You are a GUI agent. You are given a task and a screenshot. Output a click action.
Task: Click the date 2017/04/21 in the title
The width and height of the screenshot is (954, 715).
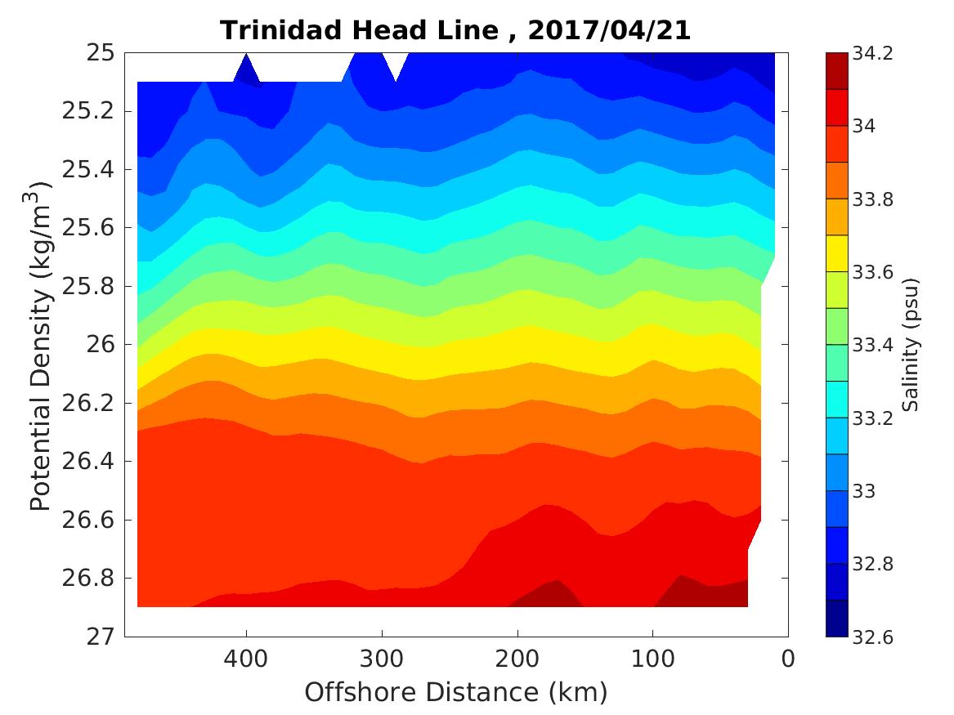point(609,31)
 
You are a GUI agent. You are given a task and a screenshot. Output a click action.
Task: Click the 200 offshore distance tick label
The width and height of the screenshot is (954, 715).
point(517,659)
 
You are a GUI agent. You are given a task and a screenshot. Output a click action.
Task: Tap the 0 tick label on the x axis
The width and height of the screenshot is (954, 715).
point(788,659)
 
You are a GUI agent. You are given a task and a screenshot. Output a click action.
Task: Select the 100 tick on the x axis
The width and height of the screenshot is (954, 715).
point(652,659)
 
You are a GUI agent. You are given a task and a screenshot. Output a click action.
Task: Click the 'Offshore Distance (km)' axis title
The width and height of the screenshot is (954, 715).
point(456,693)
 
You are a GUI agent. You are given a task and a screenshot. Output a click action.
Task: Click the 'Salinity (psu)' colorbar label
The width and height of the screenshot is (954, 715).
point(912,345)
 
